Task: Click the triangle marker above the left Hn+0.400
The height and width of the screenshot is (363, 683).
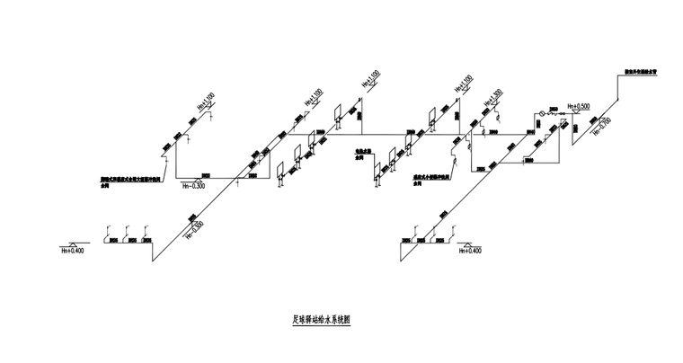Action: coord(72,243)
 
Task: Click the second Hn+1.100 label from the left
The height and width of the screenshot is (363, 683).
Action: coord(315,96)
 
